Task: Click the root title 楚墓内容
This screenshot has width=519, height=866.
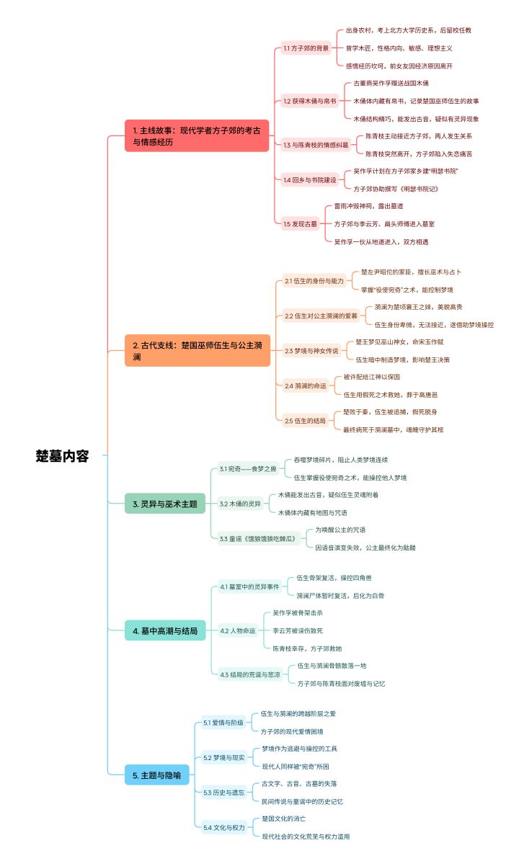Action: tap(62, 456)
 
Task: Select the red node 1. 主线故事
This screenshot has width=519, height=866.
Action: tap(197, 135)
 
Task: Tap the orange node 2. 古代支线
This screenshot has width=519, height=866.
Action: tap(198, 350)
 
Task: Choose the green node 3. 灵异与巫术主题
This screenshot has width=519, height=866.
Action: tap(165, 504)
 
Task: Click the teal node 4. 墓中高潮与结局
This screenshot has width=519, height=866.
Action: tap(165, 630)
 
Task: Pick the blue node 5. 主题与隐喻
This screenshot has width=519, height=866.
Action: tap(156, 775)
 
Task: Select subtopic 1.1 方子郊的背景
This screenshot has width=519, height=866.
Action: tap(306, 48)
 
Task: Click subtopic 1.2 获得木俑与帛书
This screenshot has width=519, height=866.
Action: tap(310, 101)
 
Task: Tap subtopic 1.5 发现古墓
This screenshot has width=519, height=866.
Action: tap(300, 224)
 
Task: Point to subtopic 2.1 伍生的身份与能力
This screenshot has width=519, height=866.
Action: tap(314, 281)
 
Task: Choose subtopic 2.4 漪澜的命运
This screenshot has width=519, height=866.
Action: tap(306, 386)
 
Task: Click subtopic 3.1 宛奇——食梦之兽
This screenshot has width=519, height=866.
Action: tap(248, 469)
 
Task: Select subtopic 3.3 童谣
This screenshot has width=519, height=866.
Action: tap(259, 538)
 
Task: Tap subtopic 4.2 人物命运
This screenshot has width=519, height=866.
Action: tap(238, 630)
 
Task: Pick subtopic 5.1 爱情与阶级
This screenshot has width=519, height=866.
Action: tap(223, 723)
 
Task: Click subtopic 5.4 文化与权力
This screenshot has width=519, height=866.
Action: tap(224, 827)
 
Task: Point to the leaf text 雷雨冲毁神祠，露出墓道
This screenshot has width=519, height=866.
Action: tap(368, 206)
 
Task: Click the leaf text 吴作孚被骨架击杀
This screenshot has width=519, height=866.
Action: tap(298, 613)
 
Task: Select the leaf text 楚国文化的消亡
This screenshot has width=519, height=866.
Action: tap(283, 818)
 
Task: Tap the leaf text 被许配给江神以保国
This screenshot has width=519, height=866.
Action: tap(372, 377)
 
